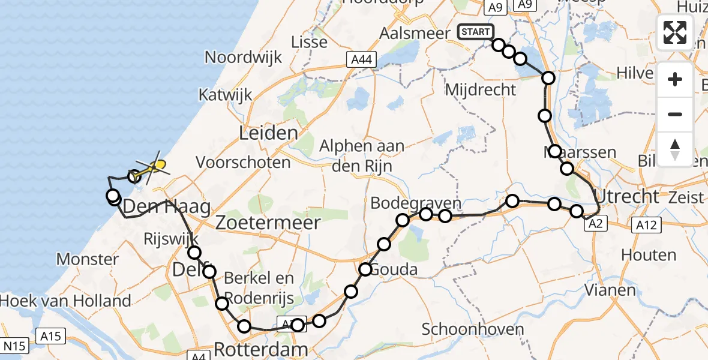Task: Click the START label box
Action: coord(476,32)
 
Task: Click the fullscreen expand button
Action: coord(675,32)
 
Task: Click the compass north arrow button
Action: coord(675,149)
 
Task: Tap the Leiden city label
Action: coord(268,133)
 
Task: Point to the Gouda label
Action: coord(394,269)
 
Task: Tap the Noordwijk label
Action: coord(244,58)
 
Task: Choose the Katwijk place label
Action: coord(226,95)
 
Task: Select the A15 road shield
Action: coord(50,336)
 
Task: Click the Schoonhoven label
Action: coord(473,329)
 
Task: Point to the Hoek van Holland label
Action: coord(66,301)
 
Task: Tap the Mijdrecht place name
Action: coord(481,90)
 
